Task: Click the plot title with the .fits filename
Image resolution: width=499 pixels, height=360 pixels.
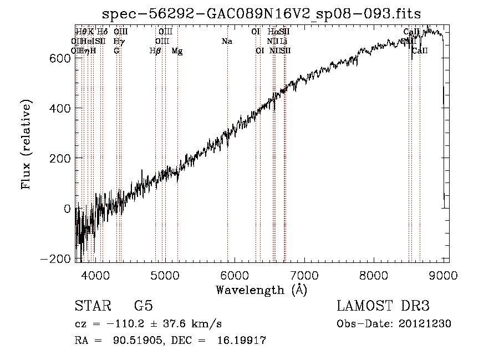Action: [262, 14]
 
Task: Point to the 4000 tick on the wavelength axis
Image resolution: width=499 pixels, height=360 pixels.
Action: [95, 273]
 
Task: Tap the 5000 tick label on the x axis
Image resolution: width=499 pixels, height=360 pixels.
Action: [165, 273]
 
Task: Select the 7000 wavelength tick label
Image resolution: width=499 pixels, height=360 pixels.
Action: [304, 273]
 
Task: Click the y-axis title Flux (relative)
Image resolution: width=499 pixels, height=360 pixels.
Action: [27, 144]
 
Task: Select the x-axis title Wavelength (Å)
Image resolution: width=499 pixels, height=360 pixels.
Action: [262, 290]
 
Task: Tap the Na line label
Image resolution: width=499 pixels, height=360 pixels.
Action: [226, 41]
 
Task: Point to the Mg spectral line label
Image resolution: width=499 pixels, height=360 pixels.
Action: [177, 50]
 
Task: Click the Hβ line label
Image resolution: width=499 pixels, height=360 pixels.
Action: [156, 50]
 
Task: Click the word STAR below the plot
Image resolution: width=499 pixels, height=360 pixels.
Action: [93, 306]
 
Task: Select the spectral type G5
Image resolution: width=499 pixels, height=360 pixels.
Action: [143, 306]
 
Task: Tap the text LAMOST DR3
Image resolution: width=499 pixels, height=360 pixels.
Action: [383, 306]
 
